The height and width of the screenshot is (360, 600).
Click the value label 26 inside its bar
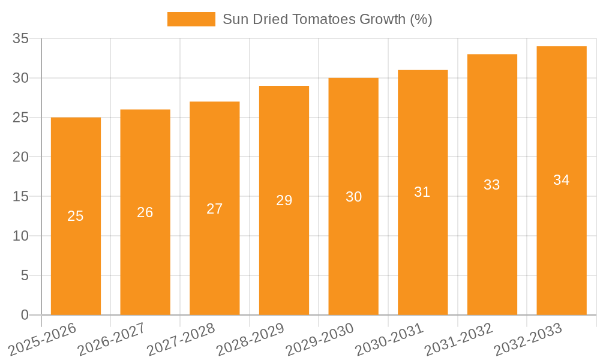pos(145,212)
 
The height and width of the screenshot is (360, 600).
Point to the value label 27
pos(215,209)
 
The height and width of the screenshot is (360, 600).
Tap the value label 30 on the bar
pos(354,197)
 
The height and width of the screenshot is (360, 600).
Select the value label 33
pos(492,185)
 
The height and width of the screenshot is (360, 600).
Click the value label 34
pos(562,180)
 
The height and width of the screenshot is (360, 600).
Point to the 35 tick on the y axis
pos(21,39)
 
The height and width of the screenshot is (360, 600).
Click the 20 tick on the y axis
pos(21,157)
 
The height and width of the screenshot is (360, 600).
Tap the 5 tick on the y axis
pos(25,275)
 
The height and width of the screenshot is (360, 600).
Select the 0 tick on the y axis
pos(25,315)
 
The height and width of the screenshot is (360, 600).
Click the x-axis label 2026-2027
pos(112,338)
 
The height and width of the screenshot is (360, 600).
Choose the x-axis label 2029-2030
pos(320,338)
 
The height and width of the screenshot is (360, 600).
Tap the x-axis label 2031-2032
pos(459,338)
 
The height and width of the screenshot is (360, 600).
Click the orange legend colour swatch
pos(191,19)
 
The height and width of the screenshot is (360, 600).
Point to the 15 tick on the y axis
pos(21,197)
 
